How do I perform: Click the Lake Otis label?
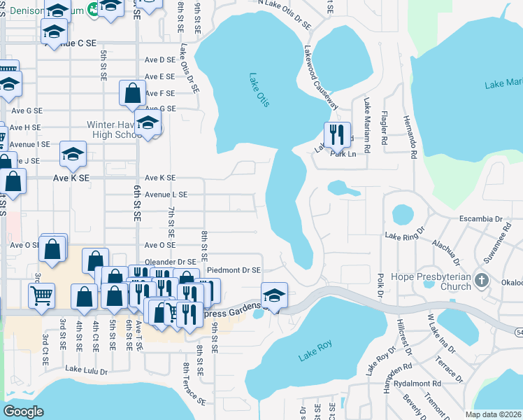pyautogui.click(x=259, y=91)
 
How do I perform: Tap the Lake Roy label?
pyautogui.click(x=315, y=351)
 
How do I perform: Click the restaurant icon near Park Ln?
pyautogui.click(x=337, y=135)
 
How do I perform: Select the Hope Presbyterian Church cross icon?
pyautogui.click(x=480, y=281)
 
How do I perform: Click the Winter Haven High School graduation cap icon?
pyautogui.click(x=148, y=124)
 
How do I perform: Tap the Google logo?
pyautogui.click(x=23, y=412)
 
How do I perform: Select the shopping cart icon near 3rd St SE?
pyautogui.click(x=42, y=295)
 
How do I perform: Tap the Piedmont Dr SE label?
pyautogui.click(x=234, y=269)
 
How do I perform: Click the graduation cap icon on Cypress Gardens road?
pyautogui.click(x=275, y=295)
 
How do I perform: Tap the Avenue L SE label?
pyautogui.click(x=166, y=194)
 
